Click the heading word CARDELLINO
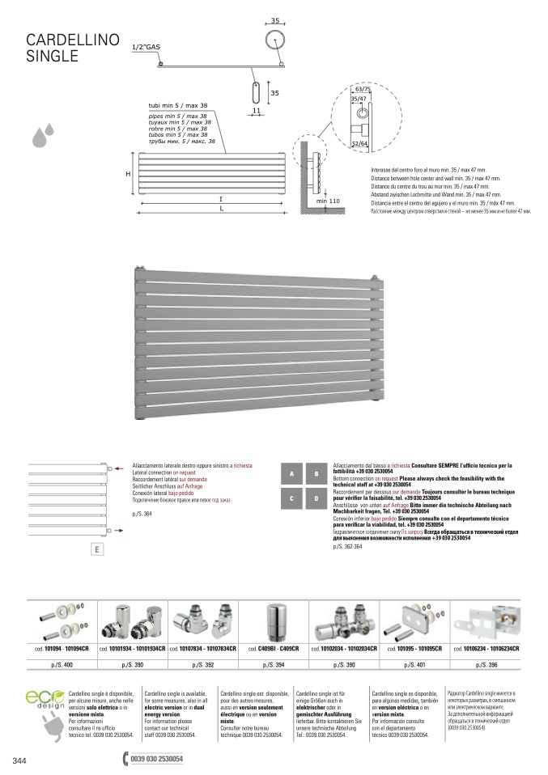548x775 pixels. pyautogui.click(x=74, y=41)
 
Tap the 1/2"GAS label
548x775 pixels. pyautogui.click(x=146, y=49)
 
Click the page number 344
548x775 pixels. pyautogui.click(x=20, y=760)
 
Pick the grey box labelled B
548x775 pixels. pyautogui.click(x=316, y=474)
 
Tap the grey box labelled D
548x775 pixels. pyautogui.click(x=316, y=500)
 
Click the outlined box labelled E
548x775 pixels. pyautogui.click(x=96, y=550)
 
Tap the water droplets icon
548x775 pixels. pyautogui.click(x=43, y=136)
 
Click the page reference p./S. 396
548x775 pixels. pyautogui.click(x=487, y=665)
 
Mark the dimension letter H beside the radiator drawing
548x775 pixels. pyautogui.click(x=127, y=175)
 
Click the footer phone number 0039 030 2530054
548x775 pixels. pyautogui.click(x=156, y=760)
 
